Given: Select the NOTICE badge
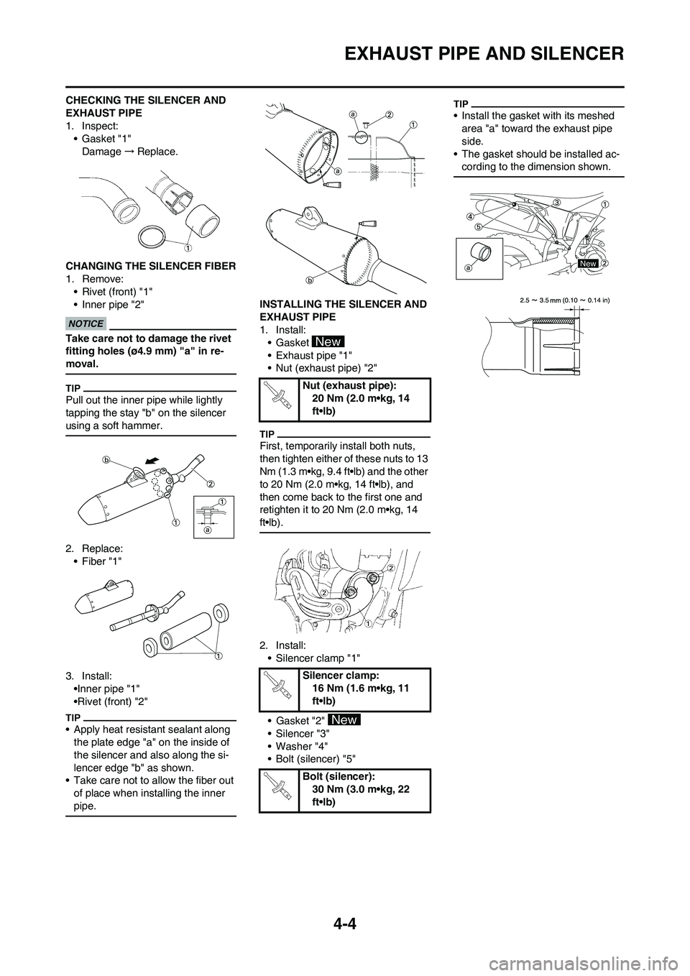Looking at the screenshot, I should [86, 323].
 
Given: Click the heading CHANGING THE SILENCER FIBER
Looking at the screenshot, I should [150, 266].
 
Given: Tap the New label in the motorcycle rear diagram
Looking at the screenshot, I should [587, 264].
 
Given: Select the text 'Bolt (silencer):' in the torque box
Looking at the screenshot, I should [341, 776].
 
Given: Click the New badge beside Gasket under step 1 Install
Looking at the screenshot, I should [327, 341].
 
